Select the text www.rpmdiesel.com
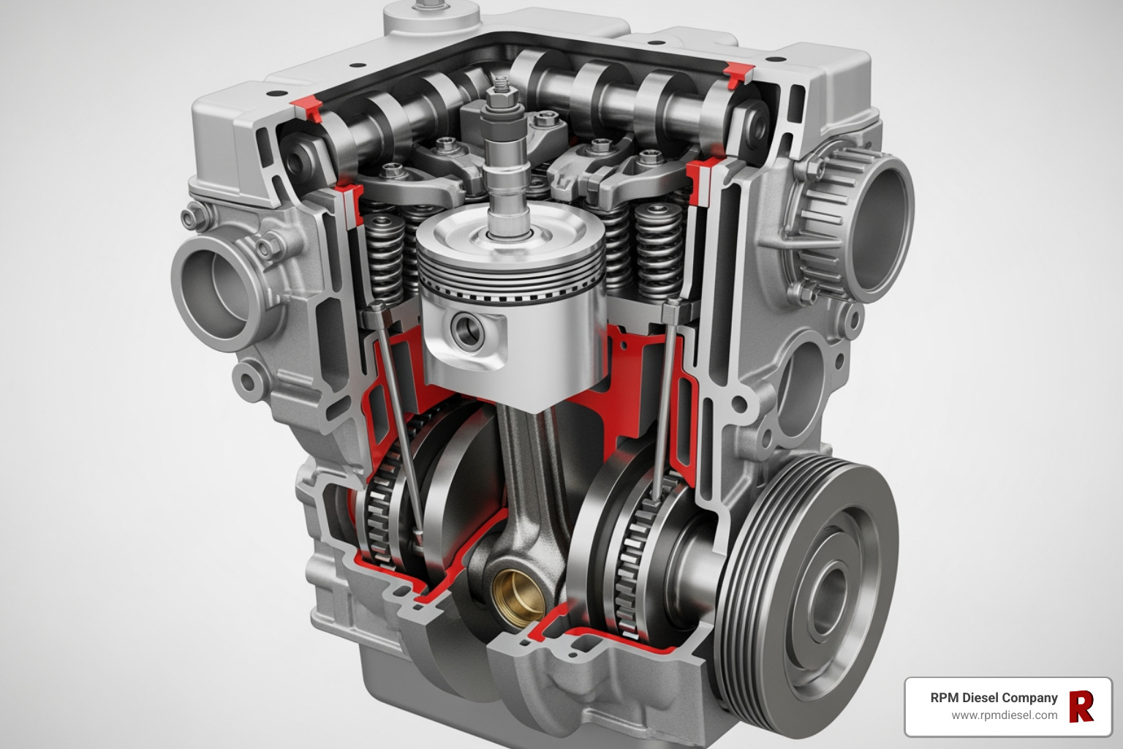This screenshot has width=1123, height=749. pyautogui.click(x=1004, y=715)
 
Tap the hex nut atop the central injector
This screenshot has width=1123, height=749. pyautogui.click(x=502, y=94)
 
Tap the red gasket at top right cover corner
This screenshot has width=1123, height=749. pyautogui.click(x=738, y=74)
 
